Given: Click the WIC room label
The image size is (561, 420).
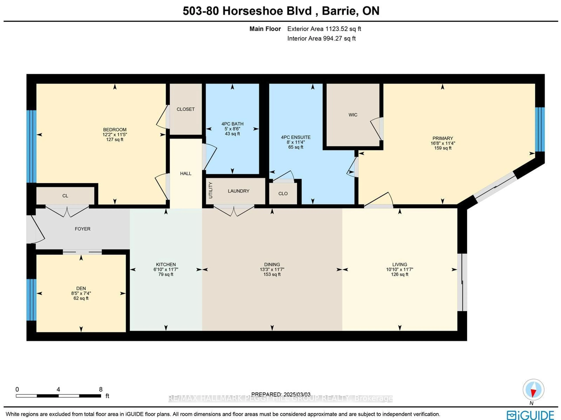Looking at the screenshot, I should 353,115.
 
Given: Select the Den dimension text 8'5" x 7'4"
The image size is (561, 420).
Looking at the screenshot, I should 81,293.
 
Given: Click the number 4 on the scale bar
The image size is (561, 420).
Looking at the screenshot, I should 58,389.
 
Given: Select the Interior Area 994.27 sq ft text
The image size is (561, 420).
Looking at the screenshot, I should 321,39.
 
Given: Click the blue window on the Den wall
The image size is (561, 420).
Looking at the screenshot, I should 31,300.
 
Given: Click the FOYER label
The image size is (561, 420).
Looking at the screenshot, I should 82,229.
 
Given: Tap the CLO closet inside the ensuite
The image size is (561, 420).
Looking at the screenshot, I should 283,194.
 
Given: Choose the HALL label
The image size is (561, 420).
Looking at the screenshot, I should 186,174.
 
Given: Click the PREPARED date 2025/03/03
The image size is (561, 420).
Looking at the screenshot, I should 281,394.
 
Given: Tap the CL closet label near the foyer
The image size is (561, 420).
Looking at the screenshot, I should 65,196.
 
